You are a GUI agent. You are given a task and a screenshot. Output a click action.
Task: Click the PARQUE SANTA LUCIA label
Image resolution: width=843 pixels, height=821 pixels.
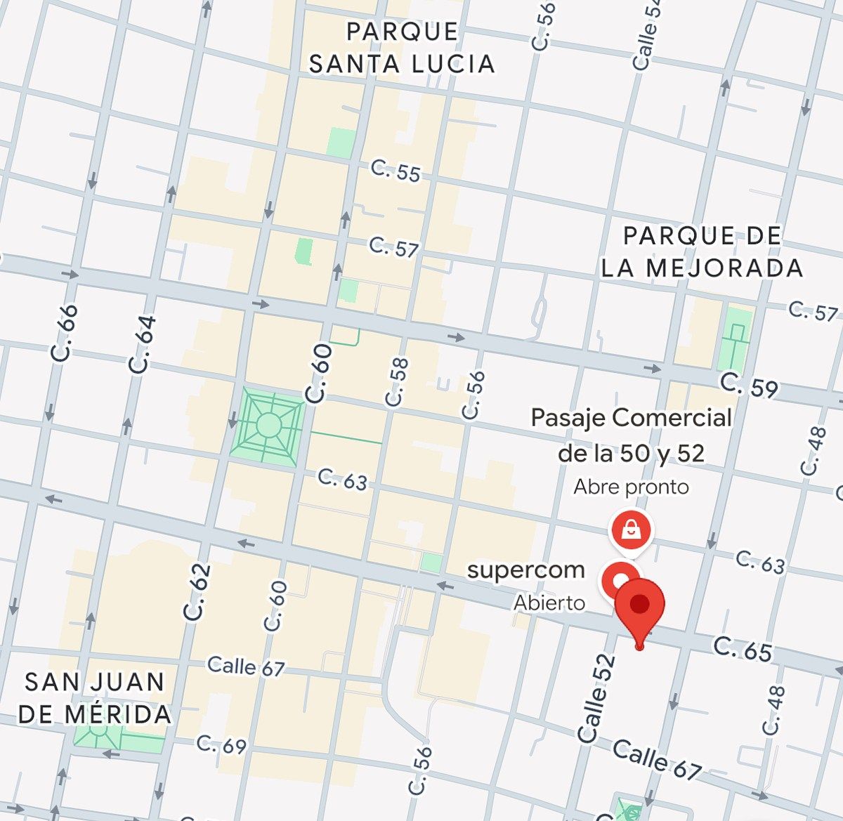402,48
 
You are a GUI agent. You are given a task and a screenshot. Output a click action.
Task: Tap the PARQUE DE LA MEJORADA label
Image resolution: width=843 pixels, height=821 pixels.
702,251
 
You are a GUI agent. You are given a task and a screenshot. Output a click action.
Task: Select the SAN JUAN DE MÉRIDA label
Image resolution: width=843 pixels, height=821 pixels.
95,697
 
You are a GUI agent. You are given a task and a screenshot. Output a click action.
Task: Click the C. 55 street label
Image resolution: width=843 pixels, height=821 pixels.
396,171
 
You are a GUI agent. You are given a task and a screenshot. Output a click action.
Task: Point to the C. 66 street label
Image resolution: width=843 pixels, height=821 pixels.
66,333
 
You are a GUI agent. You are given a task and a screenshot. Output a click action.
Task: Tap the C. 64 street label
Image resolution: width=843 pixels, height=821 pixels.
143,344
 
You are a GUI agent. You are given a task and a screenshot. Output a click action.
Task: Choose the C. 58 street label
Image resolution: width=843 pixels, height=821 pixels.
397,381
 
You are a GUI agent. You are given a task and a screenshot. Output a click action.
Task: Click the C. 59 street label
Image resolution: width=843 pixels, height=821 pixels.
749,386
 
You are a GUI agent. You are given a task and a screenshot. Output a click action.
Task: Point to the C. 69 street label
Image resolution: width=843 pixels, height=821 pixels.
221,744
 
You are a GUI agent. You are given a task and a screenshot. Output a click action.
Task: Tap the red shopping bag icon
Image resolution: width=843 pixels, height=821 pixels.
631,530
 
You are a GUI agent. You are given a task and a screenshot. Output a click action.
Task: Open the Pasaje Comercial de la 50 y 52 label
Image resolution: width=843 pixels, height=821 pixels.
631,435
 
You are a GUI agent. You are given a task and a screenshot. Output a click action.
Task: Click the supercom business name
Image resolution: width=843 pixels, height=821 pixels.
525,570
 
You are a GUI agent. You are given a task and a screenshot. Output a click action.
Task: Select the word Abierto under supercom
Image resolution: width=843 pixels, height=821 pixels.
549,603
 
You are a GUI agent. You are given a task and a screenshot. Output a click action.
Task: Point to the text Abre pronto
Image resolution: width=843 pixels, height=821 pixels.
631,487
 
